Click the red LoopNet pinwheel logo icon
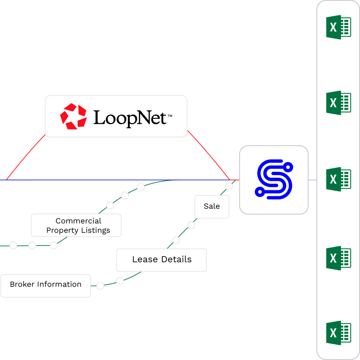click(73, 116)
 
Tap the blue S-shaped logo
click(273, 180)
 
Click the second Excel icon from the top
click(338, 103)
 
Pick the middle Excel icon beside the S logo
click(338, 179)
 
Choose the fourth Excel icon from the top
click(338, 258)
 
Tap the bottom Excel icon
click(338, 333)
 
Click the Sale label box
click(212, 207)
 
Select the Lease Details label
click(161, 260)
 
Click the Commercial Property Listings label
click(76, 225)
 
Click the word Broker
click(22, 284)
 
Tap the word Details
click(177, 260)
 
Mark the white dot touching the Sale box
click(229, 186)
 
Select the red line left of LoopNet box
click(26, 157)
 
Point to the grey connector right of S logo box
click(312, 180)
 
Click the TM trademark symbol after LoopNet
click(170, 116)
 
